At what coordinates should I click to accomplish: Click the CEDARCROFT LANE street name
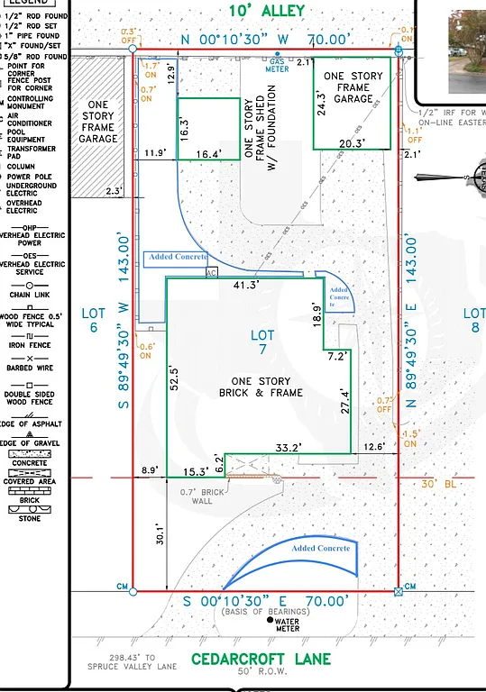coord(261,660)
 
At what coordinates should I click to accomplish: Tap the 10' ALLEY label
coord(266,11)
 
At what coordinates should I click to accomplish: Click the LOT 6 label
coord(94,320)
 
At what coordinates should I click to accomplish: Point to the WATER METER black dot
coord(270,620)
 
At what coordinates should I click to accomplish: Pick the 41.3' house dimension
coord(246,285)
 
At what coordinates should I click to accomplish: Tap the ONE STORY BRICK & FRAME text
coord(261,387)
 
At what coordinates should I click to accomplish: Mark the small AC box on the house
coord(213,273)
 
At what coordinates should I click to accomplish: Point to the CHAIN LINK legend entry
coord(37,295)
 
